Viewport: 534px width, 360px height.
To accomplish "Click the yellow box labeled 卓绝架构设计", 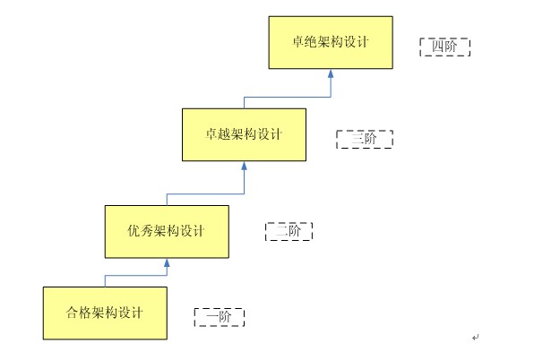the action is click(331, 42).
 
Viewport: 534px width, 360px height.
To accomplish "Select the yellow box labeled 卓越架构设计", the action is click(245, 134).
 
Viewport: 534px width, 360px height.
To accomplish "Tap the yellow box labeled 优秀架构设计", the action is click(167, 231).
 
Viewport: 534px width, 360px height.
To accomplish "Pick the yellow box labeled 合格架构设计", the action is click(105, 313).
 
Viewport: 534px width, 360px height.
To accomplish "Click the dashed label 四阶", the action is click(444, 47).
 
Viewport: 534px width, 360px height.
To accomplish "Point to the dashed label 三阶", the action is click(365, 139).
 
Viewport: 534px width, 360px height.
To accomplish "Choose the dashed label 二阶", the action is click(289, 231).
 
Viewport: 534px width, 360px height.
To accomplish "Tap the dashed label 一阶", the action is click(220, 317).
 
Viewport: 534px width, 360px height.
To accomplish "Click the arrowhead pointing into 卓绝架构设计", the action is click(331, 73).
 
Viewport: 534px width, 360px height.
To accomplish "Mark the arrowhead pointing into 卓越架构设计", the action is click(245, 166).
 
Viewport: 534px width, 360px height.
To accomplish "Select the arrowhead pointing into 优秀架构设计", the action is click(167, 262).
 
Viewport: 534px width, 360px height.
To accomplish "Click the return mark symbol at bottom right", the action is click(476, 338).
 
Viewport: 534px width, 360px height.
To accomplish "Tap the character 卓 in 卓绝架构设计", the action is click(298, 42).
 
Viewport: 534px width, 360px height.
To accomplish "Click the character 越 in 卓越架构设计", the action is click(224, 134).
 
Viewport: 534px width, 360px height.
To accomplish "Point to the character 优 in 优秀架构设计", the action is click(133, 231).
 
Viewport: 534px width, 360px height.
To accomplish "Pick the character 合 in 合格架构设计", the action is click(72, 313).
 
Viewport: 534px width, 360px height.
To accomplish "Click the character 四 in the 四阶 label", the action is click(438, 46).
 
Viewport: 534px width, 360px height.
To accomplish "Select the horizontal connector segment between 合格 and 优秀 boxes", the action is click(136, 275).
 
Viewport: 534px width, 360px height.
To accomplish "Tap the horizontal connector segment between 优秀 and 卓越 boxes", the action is click(205, 194).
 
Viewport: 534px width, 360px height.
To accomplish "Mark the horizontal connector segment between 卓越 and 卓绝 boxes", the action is click(288, 98).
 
